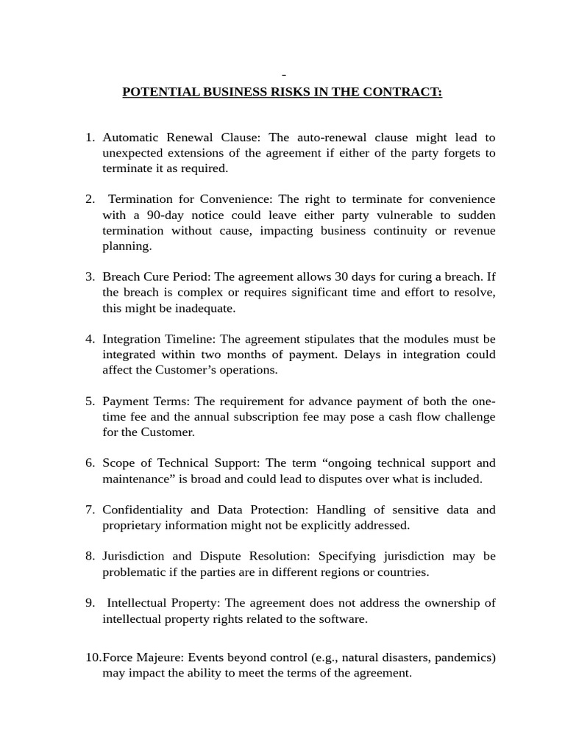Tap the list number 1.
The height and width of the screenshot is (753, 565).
point(90,138)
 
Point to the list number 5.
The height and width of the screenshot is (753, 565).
point(90,402)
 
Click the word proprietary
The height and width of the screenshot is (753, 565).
point(132,525)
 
